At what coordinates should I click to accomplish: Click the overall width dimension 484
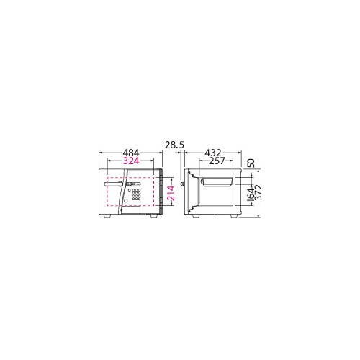tap(130, 153)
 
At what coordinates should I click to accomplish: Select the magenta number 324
tap(130, 162)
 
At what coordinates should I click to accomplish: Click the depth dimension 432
tap(213, 153)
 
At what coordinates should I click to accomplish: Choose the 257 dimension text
tap(213, 162)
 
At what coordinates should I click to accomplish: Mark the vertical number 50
tap(250, 163)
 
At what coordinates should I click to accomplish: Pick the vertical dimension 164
tap(250, 194)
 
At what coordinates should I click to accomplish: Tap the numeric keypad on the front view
tap(136, 194)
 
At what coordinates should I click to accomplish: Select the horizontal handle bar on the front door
tap(114, 185)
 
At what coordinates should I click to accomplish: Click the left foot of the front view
tap(108, 216)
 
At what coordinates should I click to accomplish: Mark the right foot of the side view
tap(234, 216)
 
